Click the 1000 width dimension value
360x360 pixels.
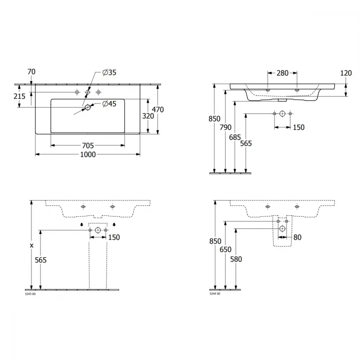(88, 154)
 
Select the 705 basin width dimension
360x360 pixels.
(88, 145)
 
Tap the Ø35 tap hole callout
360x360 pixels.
(109, 73)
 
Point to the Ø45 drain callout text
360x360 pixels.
(109, 104)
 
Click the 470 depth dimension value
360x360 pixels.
(158, 109)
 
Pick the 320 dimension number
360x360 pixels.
(148, 116)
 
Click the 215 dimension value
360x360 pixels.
(19, 96)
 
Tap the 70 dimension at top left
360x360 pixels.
(31, 72)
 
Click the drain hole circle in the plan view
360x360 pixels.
(87, 107)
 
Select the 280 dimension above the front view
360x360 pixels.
(282, 73)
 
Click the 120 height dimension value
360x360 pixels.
(346, 73)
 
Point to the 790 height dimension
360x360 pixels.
(225, 127)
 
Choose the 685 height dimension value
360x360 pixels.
(235, 137)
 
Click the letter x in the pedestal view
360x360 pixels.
(32, 246)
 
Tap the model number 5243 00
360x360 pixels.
(30, 294)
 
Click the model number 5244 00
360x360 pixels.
(215, 294)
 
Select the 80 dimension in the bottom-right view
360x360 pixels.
(297, 237)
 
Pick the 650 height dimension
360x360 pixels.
(225, 249)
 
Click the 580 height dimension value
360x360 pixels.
(236, 259)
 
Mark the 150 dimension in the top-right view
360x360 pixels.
(299, 127)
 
